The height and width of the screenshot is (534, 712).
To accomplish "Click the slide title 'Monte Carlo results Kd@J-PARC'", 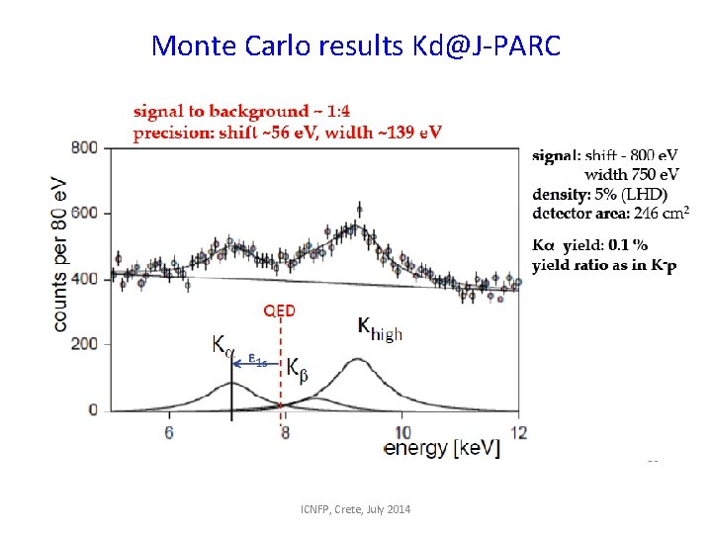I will coord(356,44).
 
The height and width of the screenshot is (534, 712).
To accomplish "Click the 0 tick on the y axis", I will coord(92,409).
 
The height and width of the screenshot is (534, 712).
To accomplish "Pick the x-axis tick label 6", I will coord(169,433).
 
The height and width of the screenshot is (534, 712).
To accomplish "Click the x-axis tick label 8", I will coord(286,433).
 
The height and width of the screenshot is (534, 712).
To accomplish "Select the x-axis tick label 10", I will coord(402,433).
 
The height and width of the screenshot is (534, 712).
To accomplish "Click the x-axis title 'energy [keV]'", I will coord(442,449).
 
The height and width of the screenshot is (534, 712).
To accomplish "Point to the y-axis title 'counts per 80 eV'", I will coord(60,254).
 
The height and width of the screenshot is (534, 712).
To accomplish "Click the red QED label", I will coord(279,310).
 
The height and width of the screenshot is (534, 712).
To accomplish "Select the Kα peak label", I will coord(223,345).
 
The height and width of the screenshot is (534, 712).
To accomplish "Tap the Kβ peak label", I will coord(298,367).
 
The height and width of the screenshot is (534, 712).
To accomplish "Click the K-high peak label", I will coord(379,329).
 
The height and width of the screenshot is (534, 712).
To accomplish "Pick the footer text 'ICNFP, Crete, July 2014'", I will coord(356,509).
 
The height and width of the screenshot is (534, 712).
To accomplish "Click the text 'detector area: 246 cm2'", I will coord(610,213).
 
